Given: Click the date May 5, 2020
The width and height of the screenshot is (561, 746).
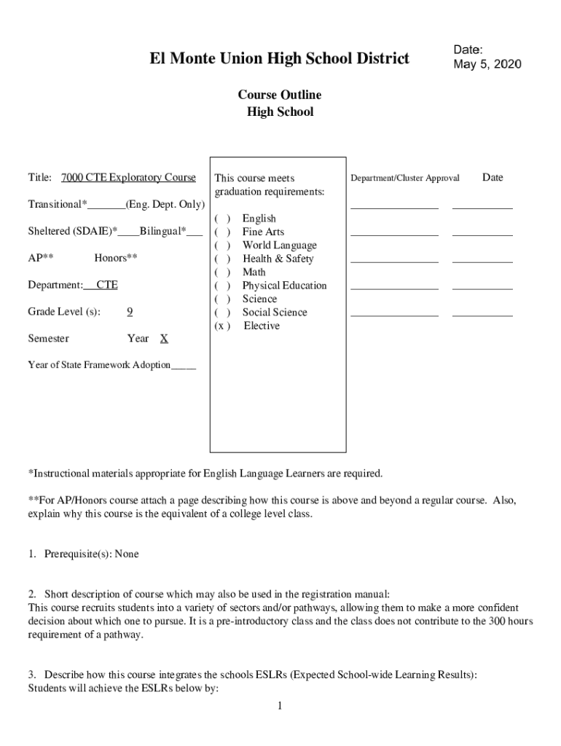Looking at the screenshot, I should pyautogui.click(x=487, y=64).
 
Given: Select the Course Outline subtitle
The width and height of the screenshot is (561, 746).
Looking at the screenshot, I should pyautogui.click(x=280, y=95).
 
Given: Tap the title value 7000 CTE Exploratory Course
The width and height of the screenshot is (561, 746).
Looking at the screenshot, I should pyautogui.click(x=128, y=177).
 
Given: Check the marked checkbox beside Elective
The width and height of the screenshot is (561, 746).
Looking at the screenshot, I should pyautogui.click(x=222, y=326).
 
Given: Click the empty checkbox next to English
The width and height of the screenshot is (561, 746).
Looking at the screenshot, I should pyautogui.click(x=222, y=219).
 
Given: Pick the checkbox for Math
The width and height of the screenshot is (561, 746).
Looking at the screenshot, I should pyautogui.click(x=222, y=272).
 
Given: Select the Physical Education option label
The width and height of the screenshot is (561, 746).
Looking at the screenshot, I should pyautogui.click(x=284, y=286).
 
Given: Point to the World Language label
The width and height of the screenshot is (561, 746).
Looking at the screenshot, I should pyautogui.click(x=279, y=246).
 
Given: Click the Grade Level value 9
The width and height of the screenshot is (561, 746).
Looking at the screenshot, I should pyautogui.click(x=130, y=312).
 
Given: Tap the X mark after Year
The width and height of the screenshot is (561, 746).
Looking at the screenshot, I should pyautogui.click(x=164, y=338).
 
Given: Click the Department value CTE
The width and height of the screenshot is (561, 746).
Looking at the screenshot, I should pyautogui.click(x=106, y=285).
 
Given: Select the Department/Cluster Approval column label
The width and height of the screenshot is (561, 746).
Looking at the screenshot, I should pyautogui.click(x=405, y=178).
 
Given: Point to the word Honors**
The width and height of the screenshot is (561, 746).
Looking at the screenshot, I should pyautogui.click(x=116, y=258).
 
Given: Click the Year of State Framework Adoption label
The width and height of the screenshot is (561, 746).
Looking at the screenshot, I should pyautogui.click(x=99, y=365).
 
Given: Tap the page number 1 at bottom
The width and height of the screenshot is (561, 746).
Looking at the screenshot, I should pyautogui.click(x=279, y=706).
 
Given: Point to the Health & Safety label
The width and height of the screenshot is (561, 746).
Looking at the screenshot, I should pyautogui.click(x=278, y=259).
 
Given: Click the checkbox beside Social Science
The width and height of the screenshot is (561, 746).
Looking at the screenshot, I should pyautogui.click(x=222, y=313).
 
